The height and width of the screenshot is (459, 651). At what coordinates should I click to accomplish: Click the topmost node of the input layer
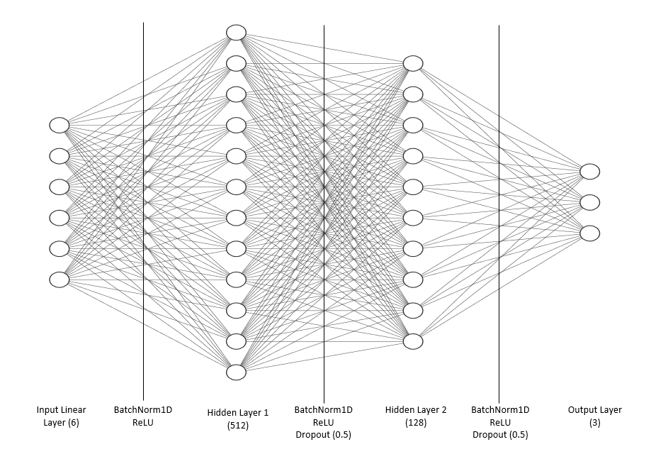click(x=60, y=125)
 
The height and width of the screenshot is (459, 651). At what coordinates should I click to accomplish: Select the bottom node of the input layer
click(x=60, y=280)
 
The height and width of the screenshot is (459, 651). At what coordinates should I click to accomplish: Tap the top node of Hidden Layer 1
click(x=236, y=33)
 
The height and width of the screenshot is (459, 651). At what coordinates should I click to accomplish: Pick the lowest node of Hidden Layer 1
click(x=236, y=372)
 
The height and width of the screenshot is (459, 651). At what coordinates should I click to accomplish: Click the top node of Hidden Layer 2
click(x=413, y=63)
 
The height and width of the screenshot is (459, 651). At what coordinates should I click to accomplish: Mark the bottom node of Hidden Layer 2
click(x=413, y=341)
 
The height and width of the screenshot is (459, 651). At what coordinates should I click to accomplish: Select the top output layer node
click(x=589, y=172)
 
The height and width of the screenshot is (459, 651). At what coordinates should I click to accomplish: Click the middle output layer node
click(x=589, y=203)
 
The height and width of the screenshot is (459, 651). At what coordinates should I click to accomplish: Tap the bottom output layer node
click(x=589, y=233)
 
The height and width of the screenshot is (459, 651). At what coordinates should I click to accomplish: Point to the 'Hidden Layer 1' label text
click(x=238, y=412)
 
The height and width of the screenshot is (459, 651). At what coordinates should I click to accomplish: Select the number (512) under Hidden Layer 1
click(x=238, y=426)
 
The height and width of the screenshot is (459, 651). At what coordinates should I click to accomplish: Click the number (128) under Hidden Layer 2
click(x=416, y=423)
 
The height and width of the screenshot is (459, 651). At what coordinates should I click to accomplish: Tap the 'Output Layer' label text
click(x=594, y=410)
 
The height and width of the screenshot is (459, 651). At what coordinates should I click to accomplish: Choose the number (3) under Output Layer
click(x=594, y=423)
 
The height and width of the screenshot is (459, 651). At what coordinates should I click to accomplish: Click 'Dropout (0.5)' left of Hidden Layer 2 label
click(x=323, y=436)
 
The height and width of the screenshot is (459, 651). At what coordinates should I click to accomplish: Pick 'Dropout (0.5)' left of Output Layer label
click(x=500, y=436)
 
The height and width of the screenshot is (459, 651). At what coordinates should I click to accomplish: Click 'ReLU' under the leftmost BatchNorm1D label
click(x=143, y=423)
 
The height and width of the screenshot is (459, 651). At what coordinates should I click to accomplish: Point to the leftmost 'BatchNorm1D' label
click(x=143, y=410)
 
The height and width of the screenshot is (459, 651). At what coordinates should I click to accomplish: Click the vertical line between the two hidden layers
click(x=324, y=213)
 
